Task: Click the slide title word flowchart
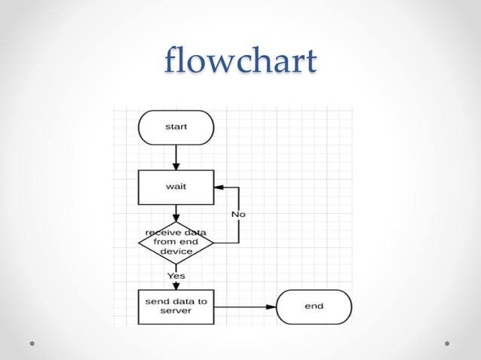click(240, 61)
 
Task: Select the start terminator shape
click(176, 127)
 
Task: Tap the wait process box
click(176, 187)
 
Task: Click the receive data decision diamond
click(176, 243)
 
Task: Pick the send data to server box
click(176, 307)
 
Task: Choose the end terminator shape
click(314, 307)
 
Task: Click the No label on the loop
click(238, 214)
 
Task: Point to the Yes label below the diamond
click(176, 276)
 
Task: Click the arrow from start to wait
click(176, 157)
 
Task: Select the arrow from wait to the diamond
click(176, 213)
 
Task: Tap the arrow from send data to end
click(245, 307)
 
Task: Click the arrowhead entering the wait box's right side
click(219, 187)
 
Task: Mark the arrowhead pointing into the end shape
click(271, 307)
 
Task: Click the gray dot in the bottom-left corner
click(32, 343)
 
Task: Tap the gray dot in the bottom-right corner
click(447, 343)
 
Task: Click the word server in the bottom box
click(176, 311)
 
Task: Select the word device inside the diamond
click(176, 252)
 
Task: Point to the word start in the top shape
click(176, 127)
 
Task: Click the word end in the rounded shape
click(314, 307)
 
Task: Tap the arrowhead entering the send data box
click(176, 285)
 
